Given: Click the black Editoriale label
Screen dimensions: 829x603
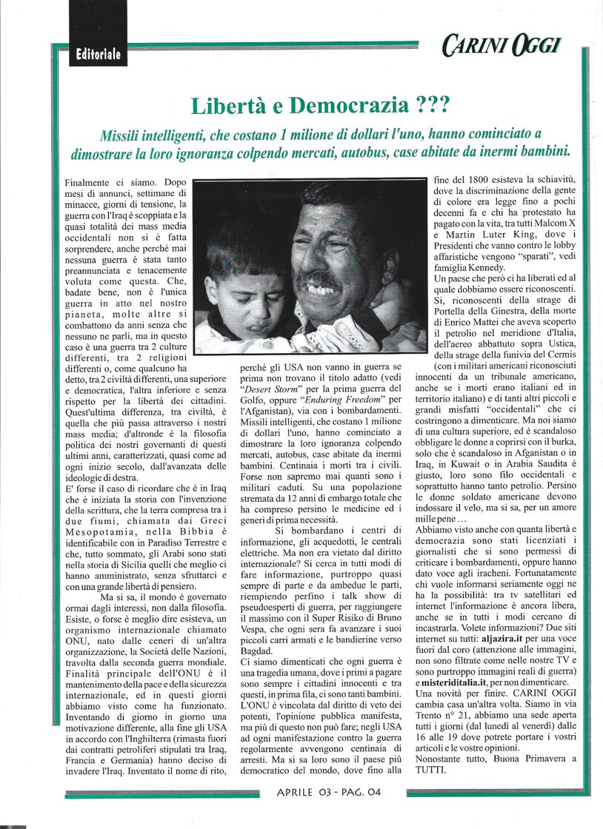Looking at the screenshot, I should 98,54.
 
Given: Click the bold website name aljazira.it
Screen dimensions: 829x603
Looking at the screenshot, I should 496,659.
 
